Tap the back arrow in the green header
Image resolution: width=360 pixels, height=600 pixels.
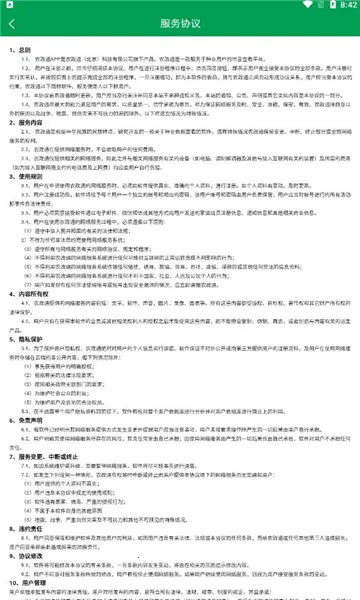coord(14,23)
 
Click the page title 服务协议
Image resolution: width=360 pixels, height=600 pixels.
coord(179,23)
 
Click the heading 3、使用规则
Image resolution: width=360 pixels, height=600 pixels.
coord(27,202)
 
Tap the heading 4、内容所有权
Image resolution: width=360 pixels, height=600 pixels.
coord(30,324)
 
